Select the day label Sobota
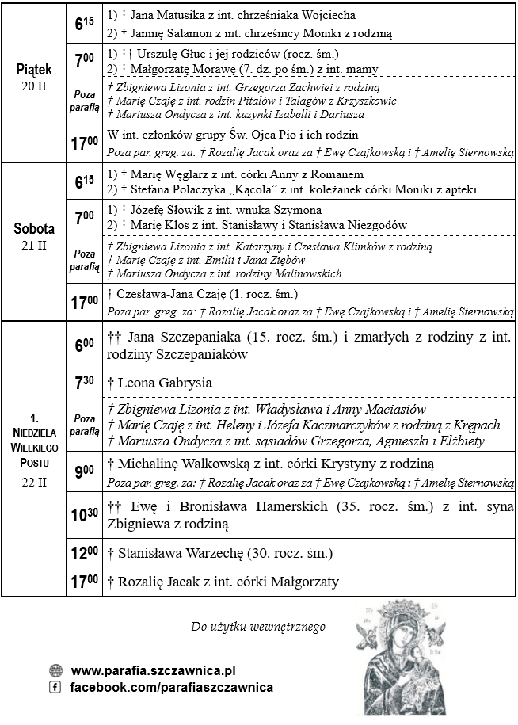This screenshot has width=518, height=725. coord(33,230)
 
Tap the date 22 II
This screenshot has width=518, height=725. coord(33,481)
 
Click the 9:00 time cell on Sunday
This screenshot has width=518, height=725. coord(84,472)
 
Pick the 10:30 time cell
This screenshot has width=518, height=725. coord(85,515)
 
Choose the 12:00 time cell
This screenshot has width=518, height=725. coord(84,553)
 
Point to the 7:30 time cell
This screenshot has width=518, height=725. coord(84,383)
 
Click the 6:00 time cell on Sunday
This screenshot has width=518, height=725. coord(84,345)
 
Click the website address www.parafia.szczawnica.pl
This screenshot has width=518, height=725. coord(153,670)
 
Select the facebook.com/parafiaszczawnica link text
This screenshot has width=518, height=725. coord(172,687)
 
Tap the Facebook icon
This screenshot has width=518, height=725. coord(55,687)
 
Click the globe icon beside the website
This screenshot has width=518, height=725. coord(55,670)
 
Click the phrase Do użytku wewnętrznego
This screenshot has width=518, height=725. coord(258,627)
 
